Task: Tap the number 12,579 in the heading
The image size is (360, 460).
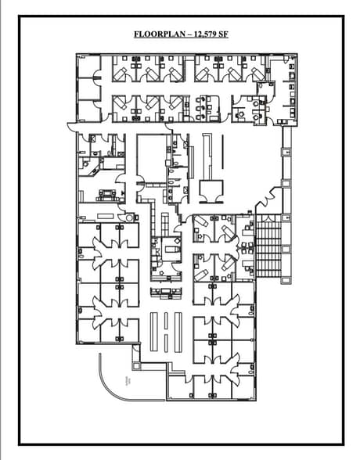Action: pyautogui.click(x=204, y=34)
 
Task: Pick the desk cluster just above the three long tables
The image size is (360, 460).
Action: pyautogui.click(x=165, y=293)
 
